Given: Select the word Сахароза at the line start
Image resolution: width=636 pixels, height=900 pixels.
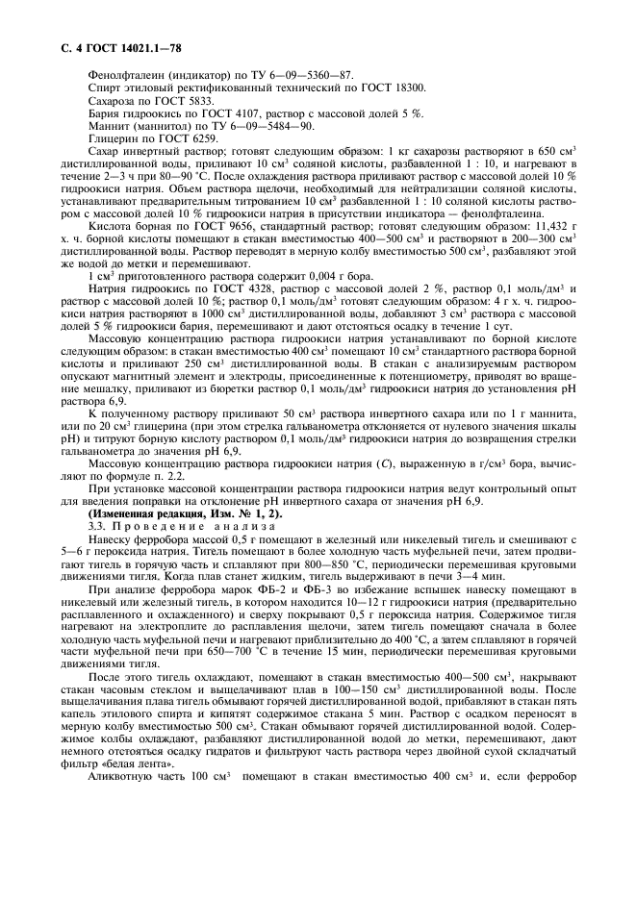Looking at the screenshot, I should pos(113,101).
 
